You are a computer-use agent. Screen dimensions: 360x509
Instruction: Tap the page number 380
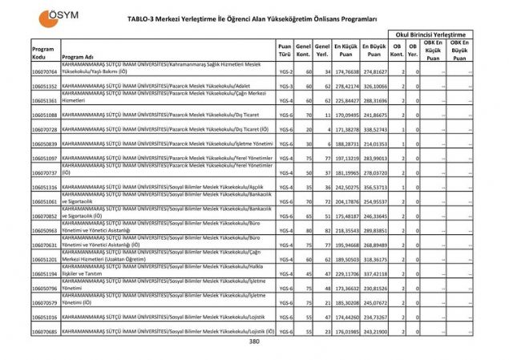[254, 342]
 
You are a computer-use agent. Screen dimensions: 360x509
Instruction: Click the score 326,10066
[374, 87]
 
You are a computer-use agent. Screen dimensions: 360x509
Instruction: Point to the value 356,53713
[374, 188]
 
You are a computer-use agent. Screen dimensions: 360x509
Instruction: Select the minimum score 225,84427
[346, 101]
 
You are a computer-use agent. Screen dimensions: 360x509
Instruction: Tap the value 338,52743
[374, 130]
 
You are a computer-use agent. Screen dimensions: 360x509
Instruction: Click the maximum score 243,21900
[374, 332]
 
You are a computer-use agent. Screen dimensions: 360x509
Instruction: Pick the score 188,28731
[346, 144]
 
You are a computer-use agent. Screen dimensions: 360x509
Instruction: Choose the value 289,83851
[374, 231]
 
